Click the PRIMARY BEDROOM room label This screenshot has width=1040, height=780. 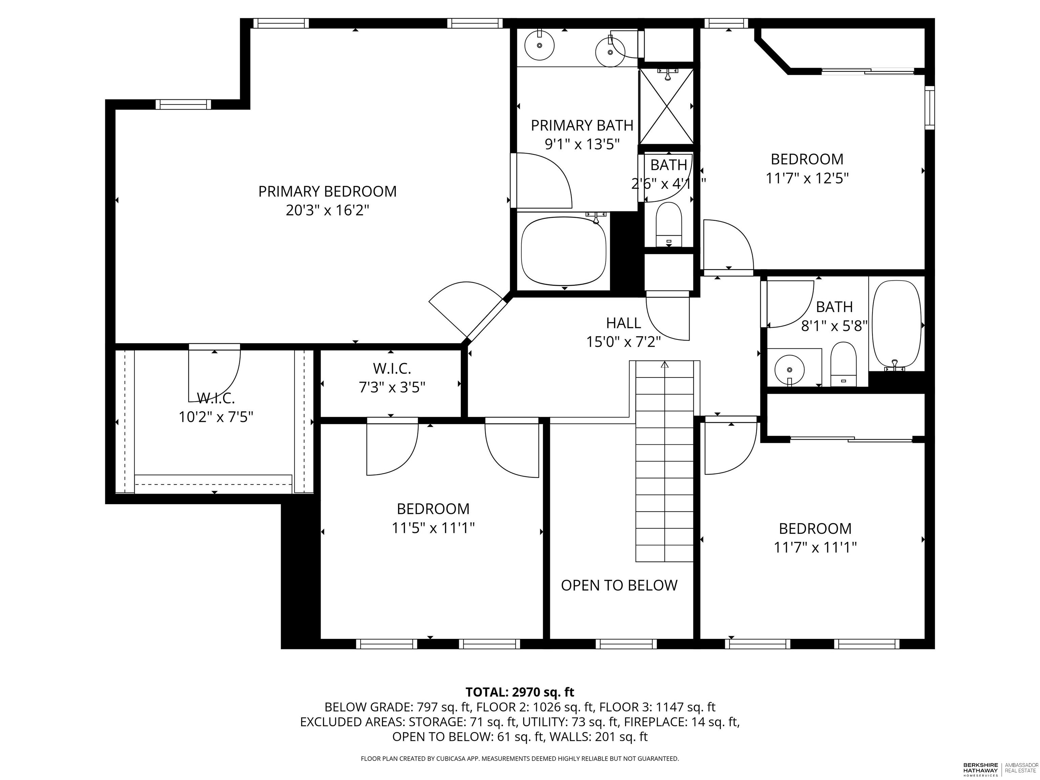327,191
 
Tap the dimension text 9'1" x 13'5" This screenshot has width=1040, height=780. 582,144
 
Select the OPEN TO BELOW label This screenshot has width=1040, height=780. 619,585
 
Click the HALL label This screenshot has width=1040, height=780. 624,323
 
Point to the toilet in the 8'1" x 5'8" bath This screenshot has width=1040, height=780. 843,364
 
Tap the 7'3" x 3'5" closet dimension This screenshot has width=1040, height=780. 392,387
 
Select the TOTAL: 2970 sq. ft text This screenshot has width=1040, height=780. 520,692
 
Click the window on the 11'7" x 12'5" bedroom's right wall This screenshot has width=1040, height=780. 930,108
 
